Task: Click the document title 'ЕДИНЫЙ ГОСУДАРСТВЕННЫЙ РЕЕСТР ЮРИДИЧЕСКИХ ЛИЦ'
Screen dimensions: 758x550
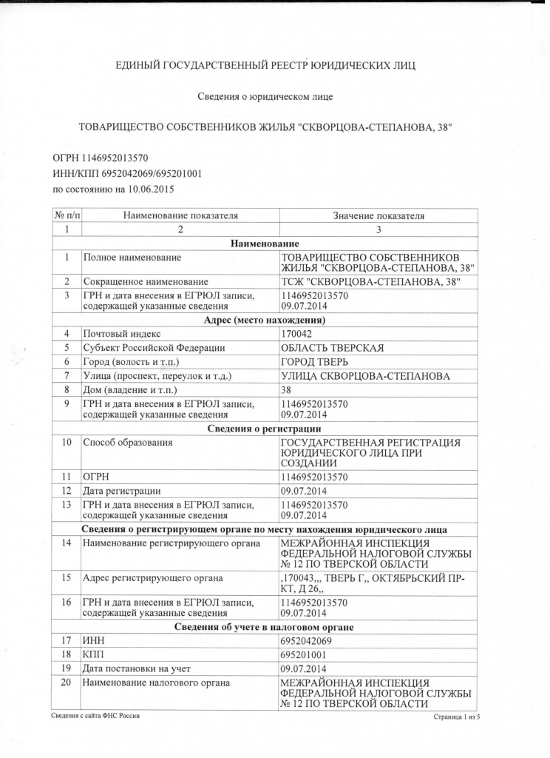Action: tap(266, 66)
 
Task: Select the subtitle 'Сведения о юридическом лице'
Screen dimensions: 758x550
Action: tap(266, 97)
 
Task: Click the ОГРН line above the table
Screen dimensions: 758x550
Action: tap(101, 158)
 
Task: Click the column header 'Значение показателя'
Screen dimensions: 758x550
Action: tap(378, 216)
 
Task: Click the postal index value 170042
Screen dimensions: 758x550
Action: tap(296, 334)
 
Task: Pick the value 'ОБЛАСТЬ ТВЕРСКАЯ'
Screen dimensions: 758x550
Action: tap(333, 348)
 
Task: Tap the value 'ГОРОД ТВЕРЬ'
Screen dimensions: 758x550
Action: tap(317, 362)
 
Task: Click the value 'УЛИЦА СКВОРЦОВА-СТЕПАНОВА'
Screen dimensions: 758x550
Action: tap(365, 376)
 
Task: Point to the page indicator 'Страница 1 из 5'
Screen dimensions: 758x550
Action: tap(452, 717)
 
